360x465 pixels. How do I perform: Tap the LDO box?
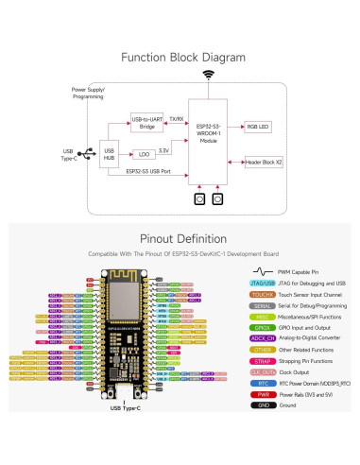point(142,153)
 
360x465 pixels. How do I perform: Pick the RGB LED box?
point(258,125)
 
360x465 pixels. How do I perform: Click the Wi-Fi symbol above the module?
point(208,74)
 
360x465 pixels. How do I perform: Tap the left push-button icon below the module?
point(199,199)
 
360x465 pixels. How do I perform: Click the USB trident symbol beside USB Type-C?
point(87,152)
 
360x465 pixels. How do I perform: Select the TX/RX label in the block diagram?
point(176,119)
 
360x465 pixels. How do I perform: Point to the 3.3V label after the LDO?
point(164,149)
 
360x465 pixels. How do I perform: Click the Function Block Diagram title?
point(180,57)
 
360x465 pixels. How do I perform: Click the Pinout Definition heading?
point(180,239)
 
